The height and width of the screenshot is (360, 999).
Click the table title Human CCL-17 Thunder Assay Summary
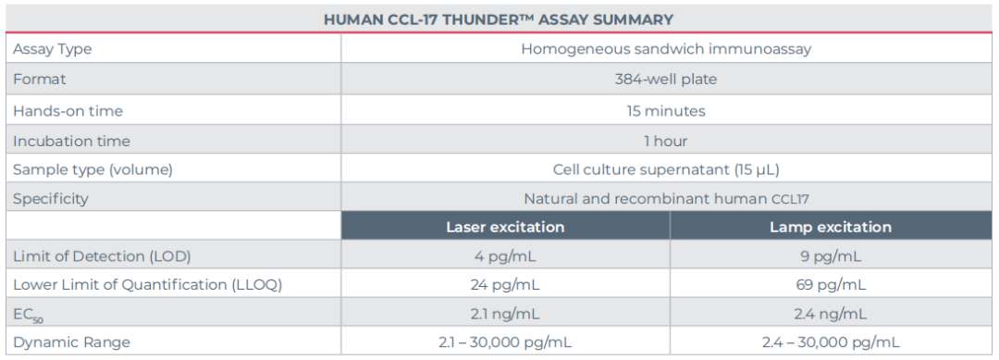[x=499, y=19]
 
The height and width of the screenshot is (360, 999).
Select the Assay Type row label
[x=52, y=50]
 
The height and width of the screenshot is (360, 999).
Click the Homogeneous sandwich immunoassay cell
[x=666, y=49]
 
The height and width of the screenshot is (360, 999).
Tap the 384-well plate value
[x=666, y=80]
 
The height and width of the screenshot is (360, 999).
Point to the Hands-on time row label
[x=68, y=111]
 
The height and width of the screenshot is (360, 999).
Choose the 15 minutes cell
[x=666, y=111]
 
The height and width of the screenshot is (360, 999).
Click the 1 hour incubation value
[x=666, y=142]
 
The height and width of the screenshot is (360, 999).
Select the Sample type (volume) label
[x=93, y=170]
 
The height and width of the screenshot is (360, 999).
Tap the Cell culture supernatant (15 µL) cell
[x=666, y=170]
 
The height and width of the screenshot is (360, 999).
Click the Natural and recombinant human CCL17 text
[x=666, y=199]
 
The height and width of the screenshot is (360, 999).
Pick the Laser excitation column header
[x=505, y=227]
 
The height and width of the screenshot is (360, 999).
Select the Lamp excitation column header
[x=830, y=227]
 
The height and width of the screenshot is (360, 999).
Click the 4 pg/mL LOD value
[x=505, y=256]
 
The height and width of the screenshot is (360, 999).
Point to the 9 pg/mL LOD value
[x=831, y=256]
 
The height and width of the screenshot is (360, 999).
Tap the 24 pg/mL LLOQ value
[x=505, y=285]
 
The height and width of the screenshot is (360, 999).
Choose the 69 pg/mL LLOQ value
[x=831, y=285]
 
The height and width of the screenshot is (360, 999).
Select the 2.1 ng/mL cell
[x=505, y=314]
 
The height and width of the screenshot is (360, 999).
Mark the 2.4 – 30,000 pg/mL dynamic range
[x=831, y=342]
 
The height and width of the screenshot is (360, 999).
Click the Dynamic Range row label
[x=71, y=342]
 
